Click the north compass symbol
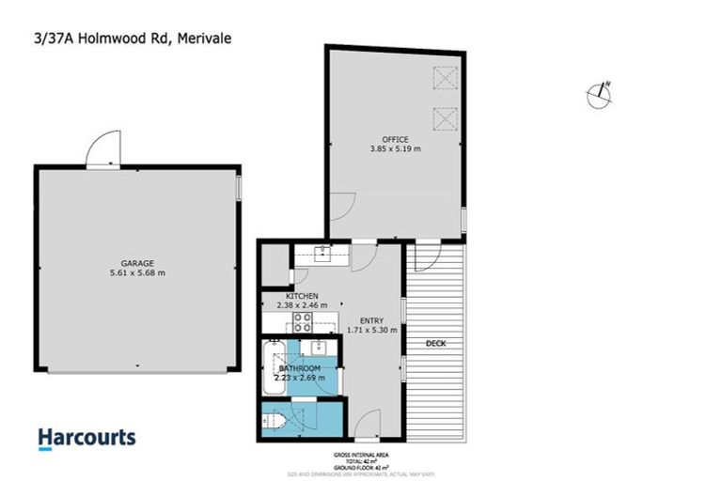point(599,93)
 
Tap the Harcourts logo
point(86,438)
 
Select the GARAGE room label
point(136,263)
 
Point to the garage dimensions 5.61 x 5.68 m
point(136,273)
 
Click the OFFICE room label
point(395,139)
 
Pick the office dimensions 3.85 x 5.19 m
point(395,148)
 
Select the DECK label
point(435,344)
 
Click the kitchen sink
point(325,251)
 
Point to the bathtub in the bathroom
point(275,368)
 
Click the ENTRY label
point(372,320)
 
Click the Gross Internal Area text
point(361,455)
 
